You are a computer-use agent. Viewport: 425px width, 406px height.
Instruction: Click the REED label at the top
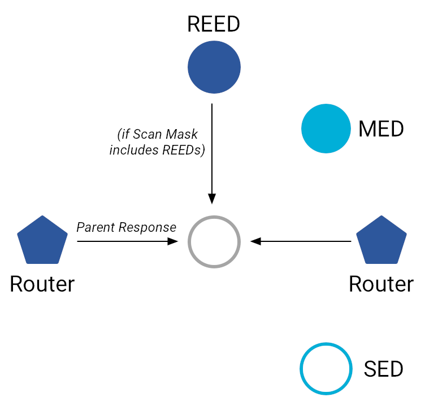pyautogui.click(x=214, y=24)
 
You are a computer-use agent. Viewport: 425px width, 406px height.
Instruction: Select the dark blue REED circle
pyautogui.click(x=214, y=68)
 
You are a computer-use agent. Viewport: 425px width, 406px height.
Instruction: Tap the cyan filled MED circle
pyautogui.click(x=327, y=129)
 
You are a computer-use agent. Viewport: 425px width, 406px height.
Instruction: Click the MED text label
pyautogui.click(x=381, y=129)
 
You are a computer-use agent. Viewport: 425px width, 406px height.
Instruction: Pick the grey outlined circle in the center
pyautogui.click(x=214, y=241)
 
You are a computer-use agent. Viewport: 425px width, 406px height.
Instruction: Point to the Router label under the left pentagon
pyautogui.click(x=42, y=284)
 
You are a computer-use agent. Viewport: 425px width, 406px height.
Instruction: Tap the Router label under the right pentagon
pyautogui.click(x=381, y=284)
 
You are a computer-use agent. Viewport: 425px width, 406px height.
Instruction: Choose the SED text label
pyautogui.click(x=383, y=369)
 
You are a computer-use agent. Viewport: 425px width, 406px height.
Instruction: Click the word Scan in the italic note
pyautogui.click(x=146, y=135)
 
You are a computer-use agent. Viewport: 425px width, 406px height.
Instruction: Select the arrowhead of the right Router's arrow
pyautogui.click(x=255, y=241)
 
